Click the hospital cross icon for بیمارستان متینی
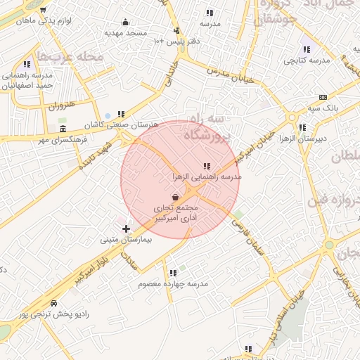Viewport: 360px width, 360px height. tap(126, 229)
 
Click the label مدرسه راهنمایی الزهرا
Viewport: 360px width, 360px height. tap(207, 176)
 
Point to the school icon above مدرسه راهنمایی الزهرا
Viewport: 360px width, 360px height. tap(206, 165)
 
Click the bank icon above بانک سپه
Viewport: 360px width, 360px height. tap(323, 97)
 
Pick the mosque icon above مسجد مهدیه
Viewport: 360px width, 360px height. tap(126, 22)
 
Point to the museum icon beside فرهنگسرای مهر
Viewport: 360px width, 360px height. tap(63, 130)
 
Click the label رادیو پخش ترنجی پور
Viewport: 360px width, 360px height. tap(54, 314)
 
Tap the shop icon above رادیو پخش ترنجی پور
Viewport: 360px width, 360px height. tap(53, 302)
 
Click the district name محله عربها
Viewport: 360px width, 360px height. tap(70, 56)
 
